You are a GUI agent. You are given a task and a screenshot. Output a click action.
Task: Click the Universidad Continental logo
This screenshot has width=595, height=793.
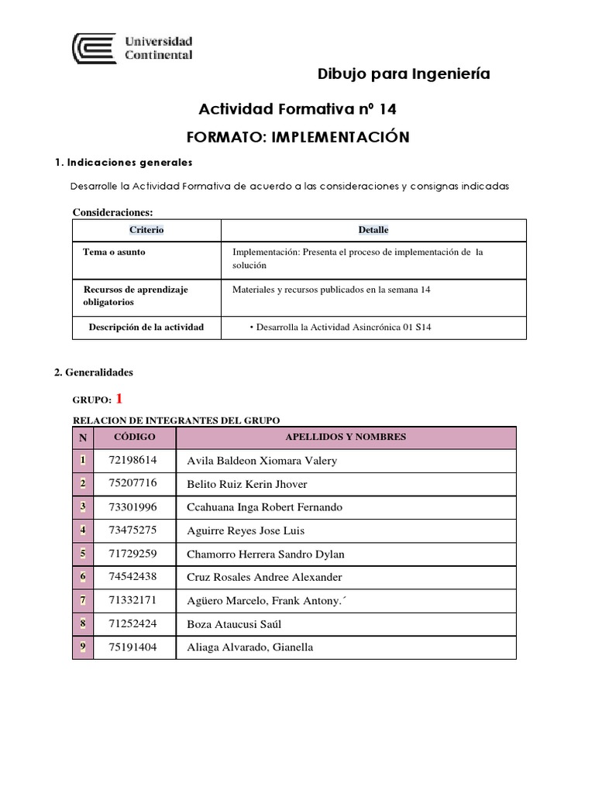coord(132,48)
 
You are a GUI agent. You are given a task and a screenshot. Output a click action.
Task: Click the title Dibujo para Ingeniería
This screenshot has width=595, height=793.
coord(404,74)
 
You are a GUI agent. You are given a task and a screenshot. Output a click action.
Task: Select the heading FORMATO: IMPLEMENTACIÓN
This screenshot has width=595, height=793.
coord(297,137)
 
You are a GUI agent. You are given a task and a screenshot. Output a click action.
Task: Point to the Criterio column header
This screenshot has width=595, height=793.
coord(146,230)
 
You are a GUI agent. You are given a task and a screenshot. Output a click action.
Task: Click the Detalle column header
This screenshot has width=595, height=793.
coord(373,230)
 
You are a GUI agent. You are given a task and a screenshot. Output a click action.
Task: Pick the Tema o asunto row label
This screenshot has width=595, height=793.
coord(114,252)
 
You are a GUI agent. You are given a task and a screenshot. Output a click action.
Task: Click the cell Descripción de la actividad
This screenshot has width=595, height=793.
coord(146,327)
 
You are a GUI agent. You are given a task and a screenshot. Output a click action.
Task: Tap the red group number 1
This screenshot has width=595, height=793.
coord(119,399)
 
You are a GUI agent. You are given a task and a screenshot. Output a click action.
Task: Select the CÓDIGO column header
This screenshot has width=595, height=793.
coord(134,438)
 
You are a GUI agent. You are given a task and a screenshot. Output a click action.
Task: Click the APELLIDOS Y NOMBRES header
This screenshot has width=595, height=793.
coord(346,438)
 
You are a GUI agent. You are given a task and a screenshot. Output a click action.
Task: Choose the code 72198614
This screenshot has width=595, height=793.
coord(133,460)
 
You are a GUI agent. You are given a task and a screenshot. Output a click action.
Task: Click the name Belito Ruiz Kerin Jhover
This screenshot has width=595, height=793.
coord(247,484)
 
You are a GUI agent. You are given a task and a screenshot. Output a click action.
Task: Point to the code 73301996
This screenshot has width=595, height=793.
coord(133,506)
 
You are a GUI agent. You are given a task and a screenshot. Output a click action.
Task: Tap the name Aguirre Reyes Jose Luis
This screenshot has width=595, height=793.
coord(246,530)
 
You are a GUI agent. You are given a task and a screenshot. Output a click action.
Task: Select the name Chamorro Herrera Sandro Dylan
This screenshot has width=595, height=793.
coord(266,554)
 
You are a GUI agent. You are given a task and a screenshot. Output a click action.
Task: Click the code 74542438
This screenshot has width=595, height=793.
coord(133,576)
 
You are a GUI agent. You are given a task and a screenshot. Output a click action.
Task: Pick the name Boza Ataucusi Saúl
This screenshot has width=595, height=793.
coord(233,623)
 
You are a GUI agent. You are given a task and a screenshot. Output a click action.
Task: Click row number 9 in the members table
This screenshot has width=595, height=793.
coord(82,647)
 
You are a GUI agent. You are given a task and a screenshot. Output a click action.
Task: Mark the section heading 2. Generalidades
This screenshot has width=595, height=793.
coord(94,372)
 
